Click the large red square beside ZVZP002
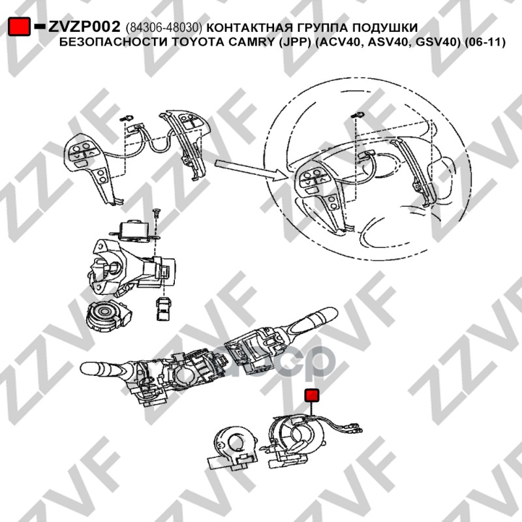point(19,26)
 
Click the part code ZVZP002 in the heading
point(84,27)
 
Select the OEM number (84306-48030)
point(164,28)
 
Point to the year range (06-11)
point(485,42)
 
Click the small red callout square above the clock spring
point(312,395)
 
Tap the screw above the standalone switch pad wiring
point(127,118)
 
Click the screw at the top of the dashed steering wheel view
point(358,115)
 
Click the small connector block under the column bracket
point(162,309)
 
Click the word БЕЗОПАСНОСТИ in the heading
point(115,42)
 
